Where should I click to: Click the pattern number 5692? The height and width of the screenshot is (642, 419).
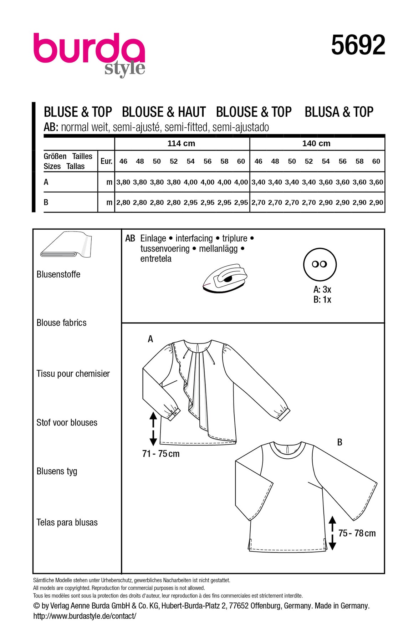tap(358, 45)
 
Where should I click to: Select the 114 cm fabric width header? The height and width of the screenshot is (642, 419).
tap(181, 143)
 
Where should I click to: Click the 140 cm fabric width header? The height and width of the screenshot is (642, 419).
tap(316, 143)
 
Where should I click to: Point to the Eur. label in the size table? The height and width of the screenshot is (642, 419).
tap(106, 161)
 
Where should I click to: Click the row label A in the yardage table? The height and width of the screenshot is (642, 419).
tap(46, 182)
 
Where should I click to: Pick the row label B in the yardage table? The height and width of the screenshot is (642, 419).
tap(46, 203)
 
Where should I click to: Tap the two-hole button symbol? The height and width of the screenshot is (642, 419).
tap(320, 264)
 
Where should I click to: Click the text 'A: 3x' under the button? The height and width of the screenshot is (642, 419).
tap(322, 290)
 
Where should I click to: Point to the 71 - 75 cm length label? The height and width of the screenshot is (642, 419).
tap(161, 454)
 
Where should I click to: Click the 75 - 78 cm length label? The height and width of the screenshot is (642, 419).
tap(357, 533)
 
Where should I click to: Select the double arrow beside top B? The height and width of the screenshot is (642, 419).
tap(332, 533)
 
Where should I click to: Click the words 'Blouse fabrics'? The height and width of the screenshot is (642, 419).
tap(61, 323)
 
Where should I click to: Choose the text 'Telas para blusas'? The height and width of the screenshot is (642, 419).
tap(67, 523)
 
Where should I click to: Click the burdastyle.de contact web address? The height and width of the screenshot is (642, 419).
tap(85, 616)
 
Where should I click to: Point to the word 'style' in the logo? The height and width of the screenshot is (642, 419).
tap(125, 68)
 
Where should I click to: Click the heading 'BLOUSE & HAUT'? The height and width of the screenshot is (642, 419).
tap(164, 112)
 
